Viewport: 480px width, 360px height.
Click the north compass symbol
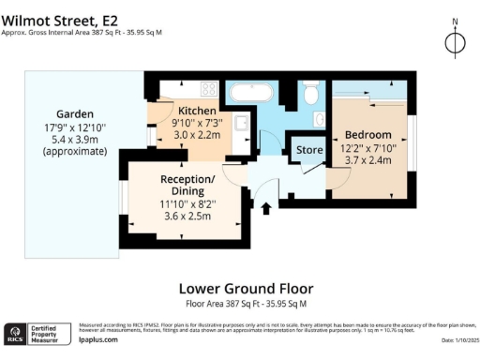click(x=454, y=43)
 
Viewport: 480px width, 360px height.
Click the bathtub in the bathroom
click(x=251, y=93)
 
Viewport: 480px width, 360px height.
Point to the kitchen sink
click(x=241, y=127)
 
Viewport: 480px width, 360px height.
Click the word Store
click(x=309, y=150)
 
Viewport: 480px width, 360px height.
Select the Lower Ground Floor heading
click(x=246, y=289)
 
